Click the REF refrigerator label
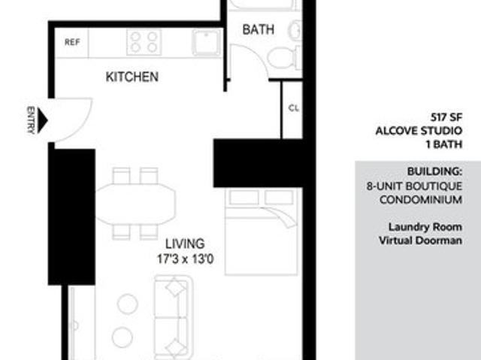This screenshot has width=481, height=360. (72, 42)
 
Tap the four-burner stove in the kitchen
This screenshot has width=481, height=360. (144, 42)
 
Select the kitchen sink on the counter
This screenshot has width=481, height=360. (207, 42)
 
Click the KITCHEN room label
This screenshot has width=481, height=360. (132, 77)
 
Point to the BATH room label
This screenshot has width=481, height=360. (259, 30)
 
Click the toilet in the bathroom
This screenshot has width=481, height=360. (284, 58)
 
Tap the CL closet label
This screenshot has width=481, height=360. (294, 108)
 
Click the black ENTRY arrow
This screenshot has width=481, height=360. (42, 120)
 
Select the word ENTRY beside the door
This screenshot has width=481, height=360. (31, 120)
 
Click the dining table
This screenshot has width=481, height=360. (135, 204)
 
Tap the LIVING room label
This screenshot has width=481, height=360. (185, 244)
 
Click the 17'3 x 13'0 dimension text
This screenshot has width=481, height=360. (185, 259)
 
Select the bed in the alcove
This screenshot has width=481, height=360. (261, 231)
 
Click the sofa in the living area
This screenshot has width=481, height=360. (174, 317)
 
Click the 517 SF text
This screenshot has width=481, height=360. (446, 117)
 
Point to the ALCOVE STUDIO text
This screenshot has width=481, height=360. (419, 131)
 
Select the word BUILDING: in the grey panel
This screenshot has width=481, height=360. (434, 171)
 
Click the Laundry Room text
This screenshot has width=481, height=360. (425, 227)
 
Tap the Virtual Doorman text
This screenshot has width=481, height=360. (420, 241)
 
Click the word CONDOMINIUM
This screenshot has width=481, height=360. (421, 200)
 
